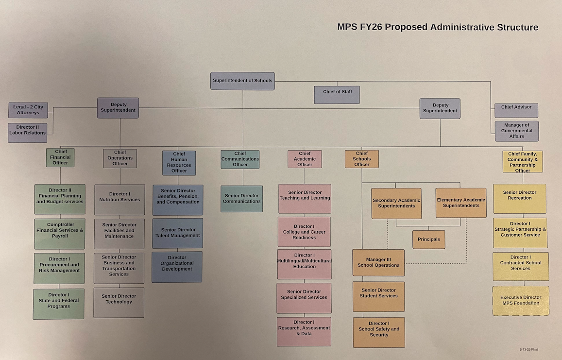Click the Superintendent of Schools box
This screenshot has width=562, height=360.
(242, 81)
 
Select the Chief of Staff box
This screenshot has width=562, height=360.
(337, 94)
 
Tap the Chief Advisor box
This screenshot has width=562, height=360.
(516, 110)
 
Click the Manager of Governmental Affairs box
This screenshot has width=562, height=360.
(516, 131)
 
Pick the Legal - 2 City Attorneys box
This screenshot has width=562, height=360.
(28, 110)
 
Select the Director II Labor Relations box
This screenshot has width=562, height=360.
(28, 132)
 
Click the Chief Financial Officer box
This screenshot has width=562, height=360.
(61, 157)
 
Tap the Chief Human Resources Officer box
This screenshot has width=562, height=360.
(179, 162)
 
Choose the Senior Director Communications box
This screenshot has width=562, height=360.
(241, 198)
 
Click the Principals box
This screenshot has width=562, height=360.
(428, 239)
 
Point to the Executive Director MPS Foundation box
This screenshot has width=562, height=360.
(520, 300)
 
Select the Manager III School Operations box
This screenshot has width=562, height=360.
(378, 262)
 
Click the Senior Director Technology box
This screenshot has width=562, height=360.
(119, 302)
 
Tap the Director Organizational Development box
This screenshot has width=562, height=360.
(177, 266)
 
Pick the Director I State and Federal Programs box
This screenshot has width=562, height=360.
(59, 304)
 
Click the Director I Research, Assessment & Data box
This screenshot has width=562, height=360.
(304, 331)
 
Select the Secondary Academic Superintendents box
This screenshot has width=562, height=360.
(396, 203)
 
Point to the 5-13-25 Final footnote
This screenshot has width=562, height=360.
(528, 349)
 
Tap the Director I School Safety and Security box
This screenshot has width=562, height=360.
(378, 332)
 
